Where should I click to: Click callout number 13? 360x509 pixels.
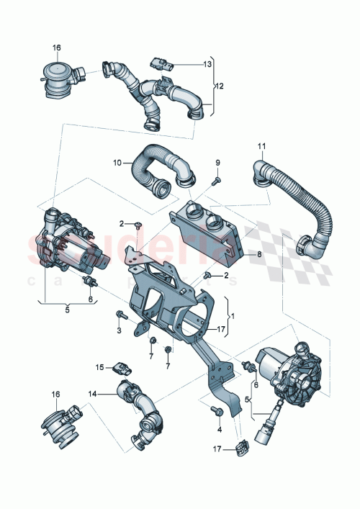207,64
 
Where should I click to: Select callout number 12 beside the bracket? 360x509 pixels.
220,86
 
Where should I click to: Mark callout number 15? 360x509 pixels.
101,366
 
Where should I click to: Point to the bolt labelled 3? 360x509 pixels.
119,315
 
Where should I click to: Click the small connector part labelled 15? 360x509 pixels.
122,369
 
